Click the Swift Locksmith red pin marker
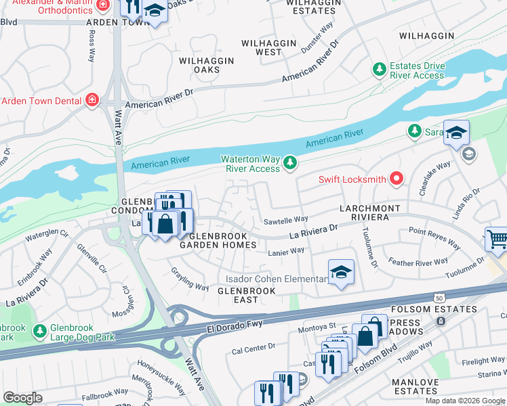click(x=396, y=179)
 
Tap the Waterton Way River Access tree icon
click(x=290, y=162)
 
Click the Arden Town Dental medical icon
click(x=92, y=101)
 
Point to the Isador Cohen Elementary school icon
click(x=341, y=272)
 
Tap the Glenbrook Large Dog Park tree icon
click(x=41, y=331)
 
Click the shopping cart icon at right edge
click(x=497, y=240)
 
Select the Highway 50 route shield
click(x=439, y=298)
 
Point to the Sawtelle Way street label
click(x=285, y=219)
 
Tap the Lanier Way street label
click(x=286, y=250)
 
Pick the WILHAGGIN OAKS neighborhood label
click(x=206, y=65)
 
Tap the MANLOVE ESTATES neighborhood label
click(x=415, y=386)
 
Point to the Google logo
click(x=22, y=398)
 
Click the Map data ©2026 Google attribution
click(x=465, y=401)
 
